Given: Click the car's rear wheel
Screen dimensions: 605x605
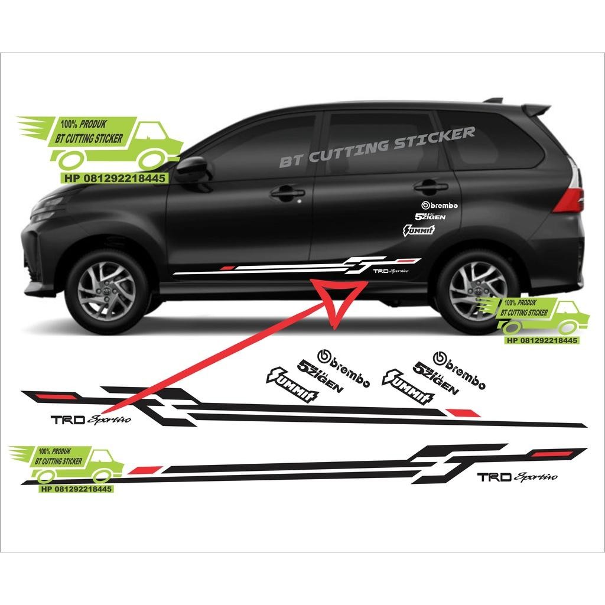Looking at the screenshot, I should click(x=478, y=290).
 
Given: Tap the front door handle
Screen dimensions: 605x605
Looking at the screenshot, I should click(x=288, y=193).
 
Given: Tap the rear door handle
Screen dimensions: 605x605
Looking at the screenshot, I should click(x=430, y=187).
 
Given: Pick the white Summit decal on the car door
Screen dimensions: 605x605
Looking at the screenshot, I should click(x=419, y=229).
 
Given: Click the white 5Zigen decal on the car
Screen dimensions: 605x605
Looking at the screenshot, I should click(x=430, y=217).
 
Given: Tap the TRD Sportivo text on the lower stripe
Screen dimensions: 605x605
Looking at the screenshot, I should click(x=517, y=477).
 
